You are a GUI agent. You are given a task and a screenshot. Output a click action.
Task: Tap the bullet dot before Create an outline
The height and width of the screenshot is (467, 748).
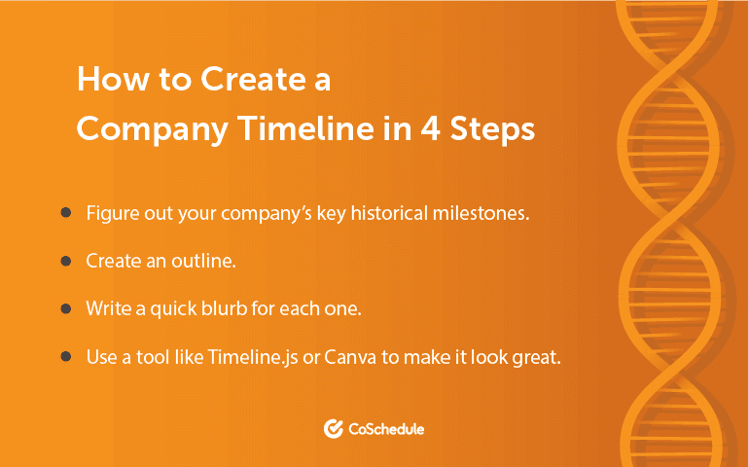(x=65, y=261)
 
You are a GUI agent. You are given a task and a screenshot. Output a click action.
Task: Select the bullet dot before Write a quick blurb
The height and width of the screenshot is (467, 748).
(x=65, y=308)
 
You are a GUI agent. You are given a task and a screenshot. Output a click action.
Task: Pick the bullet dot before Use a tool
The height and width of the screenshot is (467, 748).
(x=65, y=356)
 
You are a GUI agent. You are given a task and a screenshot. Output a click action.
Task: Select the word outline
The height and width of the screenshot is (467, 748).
(x=209, y=261)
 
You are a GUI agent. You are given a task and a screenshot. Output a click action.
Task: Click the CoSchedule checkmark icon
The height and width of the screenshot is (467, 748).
(x=333, y=428)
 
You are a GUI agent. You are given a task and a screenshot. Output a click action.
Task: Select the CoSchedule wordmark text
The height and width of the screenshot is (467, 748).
(x=386, y=428)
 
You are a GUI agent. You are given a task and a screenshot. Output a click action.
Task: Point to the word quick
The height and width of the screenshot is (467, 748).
(x=173, y=308)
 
